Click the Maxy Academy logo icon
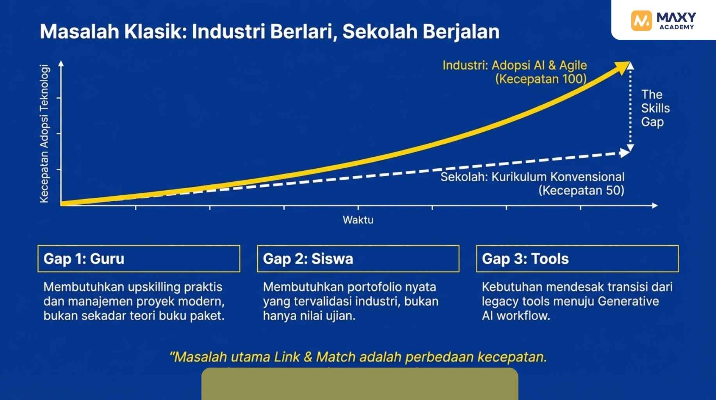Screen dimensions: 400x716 (641, 20)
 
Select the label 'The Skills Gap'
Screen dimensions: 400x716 (655, 108)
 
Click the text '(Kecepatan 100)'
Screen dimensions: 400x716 (541, 79)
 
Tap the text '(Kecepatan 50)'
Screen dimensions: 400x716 (581, 191)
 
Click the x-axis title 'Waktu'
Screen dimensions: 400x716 (358, 220)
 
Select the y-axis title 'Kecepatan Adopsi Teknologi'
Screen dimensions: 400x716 (45, 134)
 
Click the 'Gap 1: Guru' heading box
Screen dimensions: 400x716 (139, 259)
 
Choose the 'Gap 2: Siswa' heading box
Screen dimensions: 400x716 (358, 259)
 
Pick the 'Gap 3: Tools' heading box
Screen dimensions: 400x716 (577, 259)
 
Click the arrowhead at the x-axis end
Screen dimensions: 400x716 (655, 205)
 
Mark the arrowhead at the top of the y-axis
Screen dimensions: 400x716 (61, 64)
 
